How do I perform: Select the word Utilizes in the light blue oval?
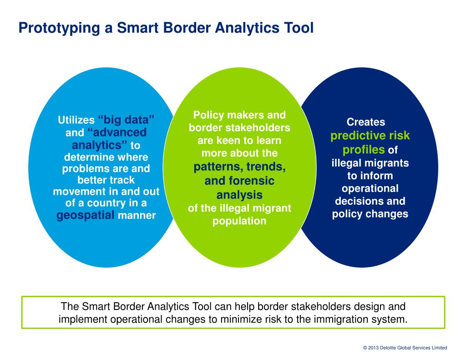[76, 121]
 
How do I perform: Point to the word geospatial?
[85, 215]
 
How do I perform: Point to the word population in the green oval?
[239, 221]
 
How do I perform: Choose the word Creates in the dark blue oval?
[366, 122]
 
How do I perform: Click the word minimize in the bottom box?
[243, 319]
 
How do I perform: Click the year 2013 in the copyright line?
[374, 348]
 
